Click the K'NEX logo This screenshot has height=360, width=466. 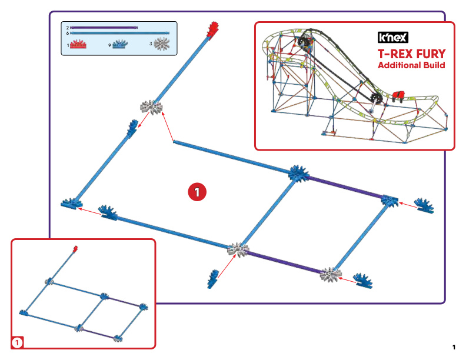pos(393,38)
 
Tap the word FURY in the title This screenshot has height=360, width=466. pos(431,54)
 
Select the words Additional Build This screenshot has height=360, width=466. pos(411,65)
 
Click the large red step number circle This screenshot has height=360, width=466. pos(197,192)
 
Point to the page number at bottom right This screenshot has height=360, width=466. pos(454,347)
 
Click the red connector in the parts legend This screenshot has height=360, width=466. pos(78,44)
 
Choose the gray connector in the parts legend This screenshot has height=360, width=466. pos(162,44)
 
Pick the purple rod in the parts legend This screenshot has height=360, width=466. pos(104,28)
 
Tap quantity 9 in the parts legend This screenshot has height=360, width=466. pos(109,45)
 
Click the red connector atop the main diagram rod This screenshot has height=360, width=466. pos(213,31)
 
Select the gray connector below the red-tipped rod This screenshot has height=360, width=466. pos(152,107)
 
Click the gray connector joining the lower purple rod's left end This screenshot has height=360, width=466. pos(238,249)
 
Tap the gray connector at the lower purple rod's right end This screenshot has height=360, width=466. pos(331,275)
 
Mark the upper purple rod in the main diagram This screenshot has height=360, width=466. pos(345,188)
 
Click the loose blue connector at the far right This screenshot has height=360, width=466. pos(424,205)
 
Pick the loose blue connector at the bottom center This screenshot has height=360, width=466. pos(213,279)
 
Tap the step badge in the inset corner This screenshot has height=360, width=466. pos(17,343)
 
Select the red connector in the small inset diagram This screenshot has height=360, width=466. pos(75,248)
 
